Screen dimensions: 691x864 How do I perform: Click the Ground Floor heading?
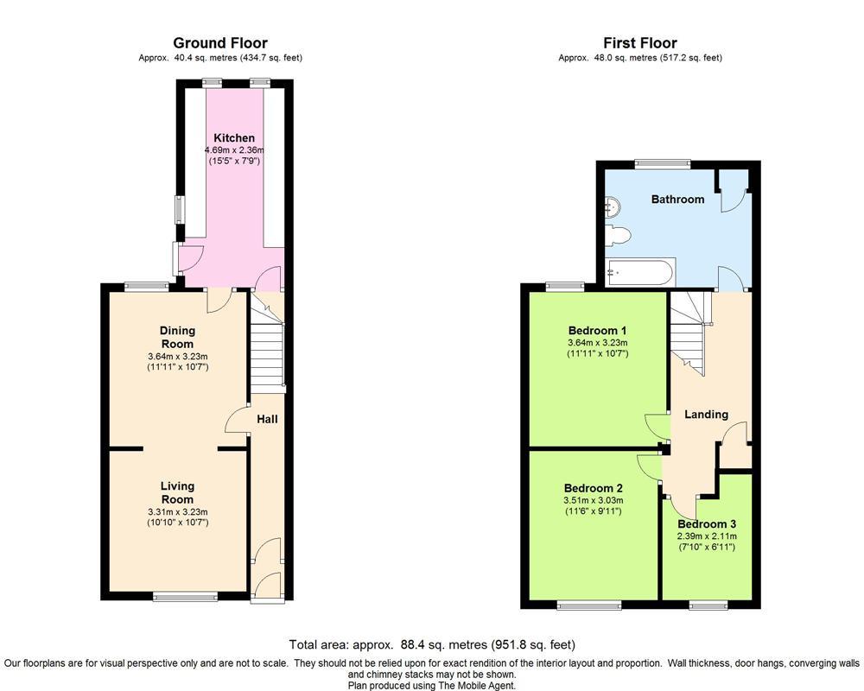point(220,42)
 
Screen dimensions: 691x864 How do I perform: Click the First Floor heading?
point(640,42)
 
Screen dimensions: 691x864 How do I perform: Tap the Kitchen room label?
point(234,138)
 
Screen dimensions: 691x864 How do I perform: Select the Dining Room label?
point(177,337)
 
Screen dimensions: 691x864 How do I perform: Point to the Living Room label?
point(177,492)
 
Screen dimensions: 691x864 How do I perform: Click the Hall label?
point(267,419)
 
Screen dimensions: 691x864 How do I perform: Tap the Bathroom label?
point(677,200)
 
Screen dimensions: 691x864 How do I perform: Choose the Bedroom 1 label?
point(597,331)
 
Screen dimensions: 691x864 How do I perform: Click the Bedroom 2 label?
point(593,487)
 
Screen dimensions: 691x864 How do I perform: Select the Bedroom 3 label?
point(706,524)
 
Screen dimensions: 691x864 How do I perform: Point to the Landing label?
point(706,415)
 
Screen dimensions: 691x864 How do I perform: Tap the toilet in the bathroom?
point(619,234)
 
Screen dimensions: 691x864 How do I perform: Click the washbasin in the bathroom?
point(613,206)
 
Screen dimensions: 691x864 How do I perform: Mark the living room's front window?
point(185,596)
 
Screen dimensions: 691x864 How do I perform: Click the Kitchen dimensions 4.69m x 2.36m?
point(234,150)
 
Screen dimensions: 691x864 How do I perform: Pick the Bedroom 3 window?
point(709,605)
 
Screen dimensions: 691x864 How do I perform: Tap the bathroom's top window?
point(663,162)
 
